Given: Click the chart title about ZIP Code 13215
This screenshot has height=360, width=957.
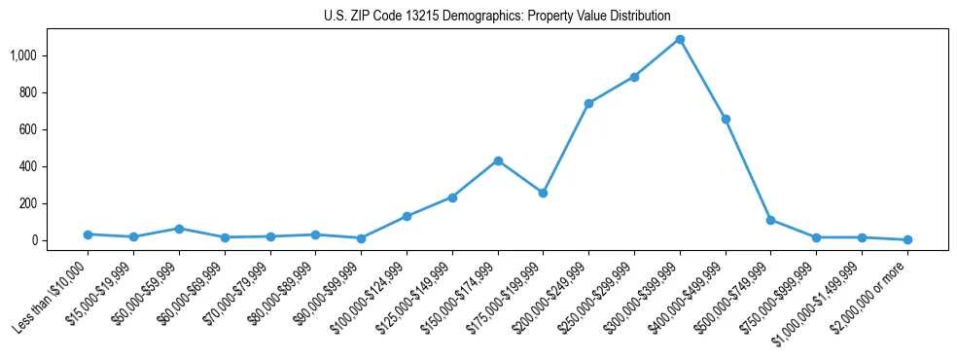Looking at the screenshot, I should coord(497,16).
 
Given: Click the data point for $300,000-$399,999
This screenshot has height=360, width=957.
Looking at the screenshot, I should coord(680,40).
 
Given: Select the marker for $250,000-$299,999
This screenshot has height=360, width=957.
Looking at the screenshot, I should coord(634,77).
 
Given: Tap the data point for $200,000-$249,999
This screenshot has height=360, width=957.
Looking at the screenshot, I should coord(588,103).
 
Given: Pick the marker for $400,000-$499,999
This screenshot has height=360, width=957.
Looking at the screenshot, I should coord(726,119).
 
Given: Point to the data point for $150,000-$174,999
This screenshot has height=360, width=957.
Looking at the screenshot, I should coord(498,161).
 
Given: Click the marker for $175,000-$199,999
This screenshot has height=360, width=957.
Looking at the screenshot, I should coord(543,193).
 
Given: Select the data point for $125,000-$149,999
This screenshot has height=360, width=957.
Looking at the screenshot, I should coord(452,198).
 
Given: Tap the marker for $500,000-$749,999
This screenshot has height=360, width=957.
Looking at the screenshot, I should coord(770,220).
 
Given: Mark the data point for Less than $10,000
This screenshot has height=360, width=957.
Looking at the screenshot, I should coord(89,234).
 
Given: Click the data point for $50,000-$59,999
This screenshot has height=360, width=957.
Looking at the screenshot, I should coord(179,229).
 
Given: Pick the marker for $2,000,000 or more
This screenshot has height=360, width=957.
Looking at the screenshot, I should coord(907,239).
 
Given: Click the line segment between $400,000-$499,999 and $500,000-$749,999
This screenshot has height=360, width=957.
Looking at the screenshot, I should coord(748,169).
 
